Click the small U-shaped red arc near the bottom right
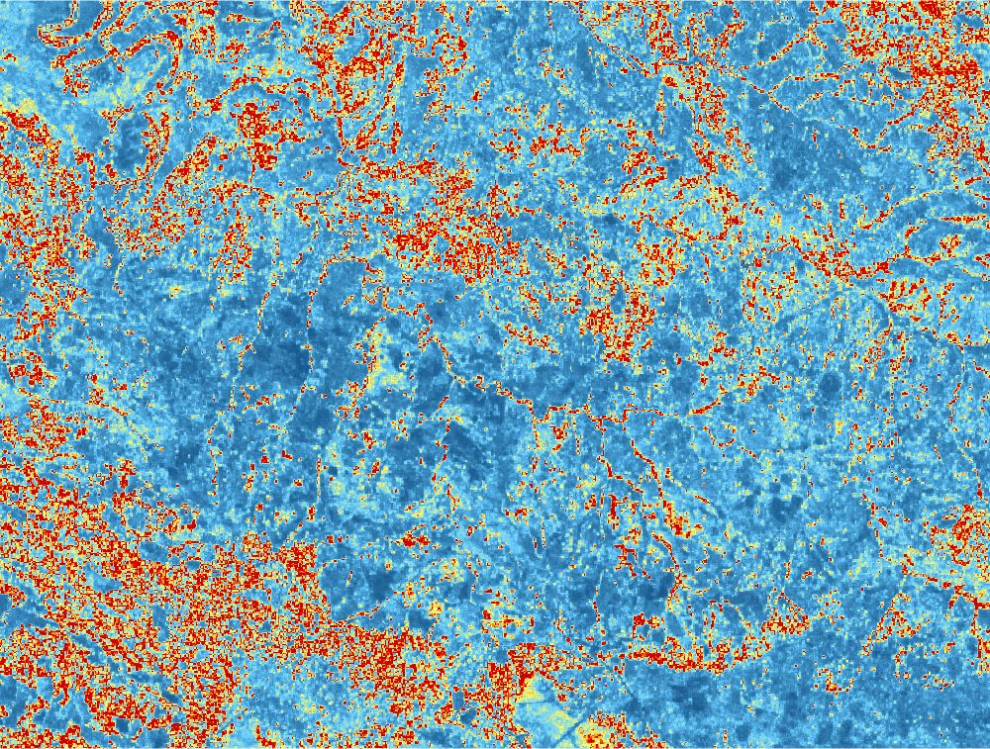click(x=841, y=683)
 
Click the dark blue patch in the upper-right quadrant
click(x=782, y=178)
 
